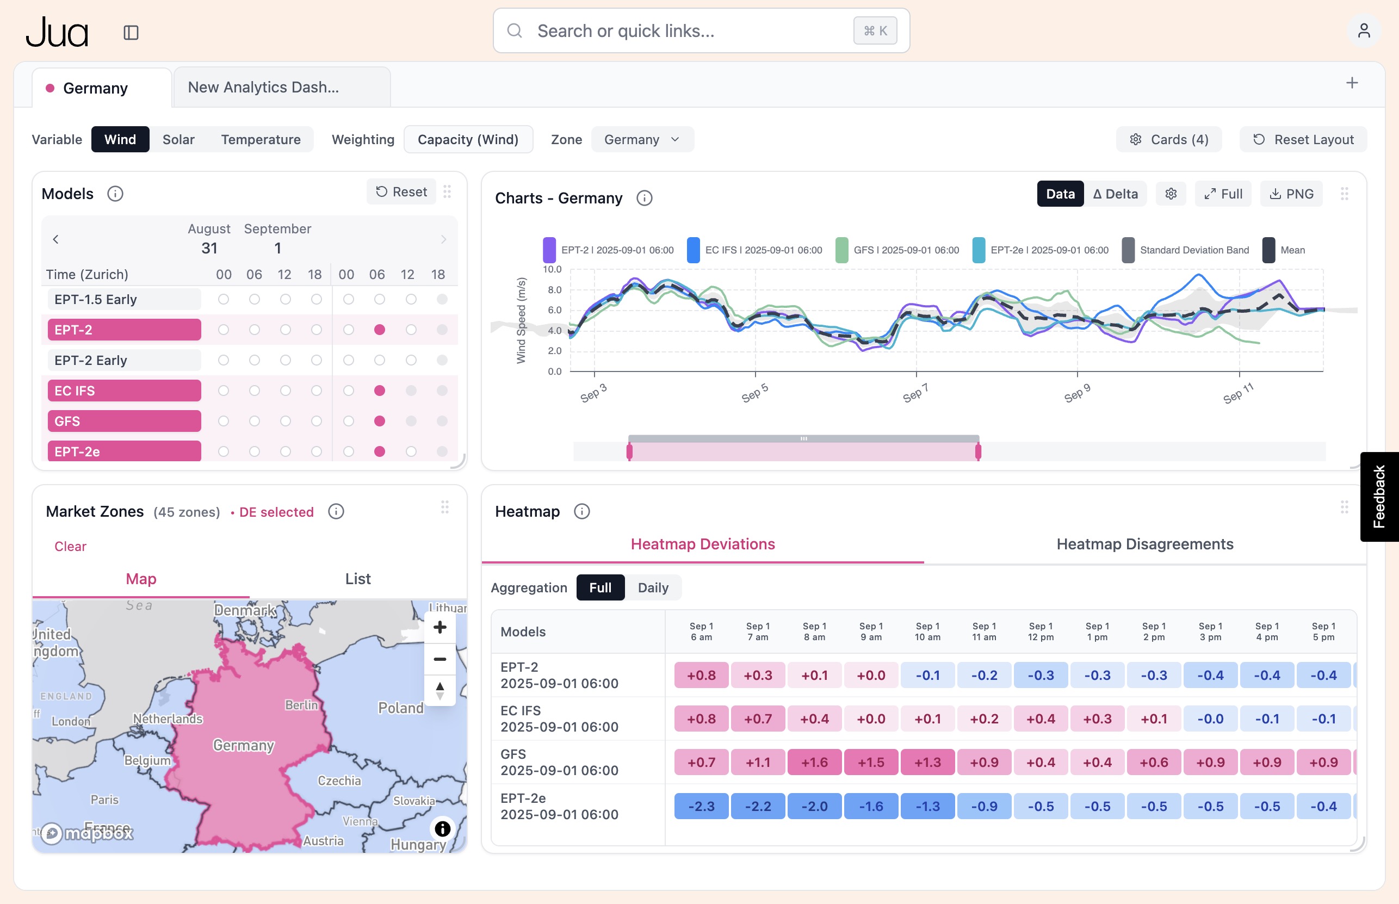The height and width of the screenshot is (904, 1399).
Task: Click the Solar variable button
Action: [178, 140]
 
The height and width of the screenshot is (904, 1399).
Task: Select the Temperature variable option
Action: [261, 140]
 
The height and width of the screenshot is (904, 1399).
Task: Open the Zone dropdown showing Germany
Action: [642, 140]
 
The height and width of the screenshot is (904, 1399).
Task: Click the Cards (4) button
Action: [1169, 140]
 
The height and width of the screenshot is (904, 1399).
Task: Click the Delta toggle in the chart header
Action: [1116, 194]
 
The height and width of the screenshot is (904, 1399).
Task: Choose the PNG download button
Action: [1291, 194]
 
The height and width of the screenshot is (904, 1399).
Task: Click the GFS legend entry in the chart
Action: [898, 250]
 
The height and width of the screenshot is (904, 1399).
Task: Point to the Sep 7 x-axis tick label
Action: [915, 393]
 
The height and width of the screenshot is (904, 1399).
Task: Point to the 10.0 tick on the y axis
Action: [552, 269]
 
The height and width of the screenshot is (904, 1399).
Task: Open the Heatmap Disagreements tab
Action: [1145, 544]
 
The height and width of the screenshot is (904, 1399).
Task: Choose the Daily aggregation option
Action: [653, 587]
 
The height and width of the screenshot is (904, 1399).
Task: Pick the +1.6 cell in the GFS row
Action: [814, 763]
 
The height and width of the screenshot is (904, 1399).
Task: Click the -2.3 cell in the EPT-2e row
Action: [701, 807]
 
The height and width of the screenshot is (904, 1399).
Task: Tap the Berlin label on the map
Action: [301, 705]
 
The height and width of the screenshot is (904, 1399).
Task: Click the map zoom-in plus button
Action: [439, 627]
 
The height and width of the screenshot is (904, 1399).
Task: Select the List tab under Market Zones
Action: [357, 579]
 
